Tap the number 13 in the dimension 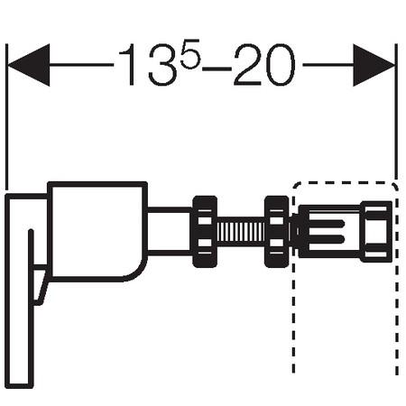(x=143, y=67)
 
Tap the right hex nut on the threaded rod (x=276, y=231)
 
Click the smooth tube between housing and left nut (x=169, y=231)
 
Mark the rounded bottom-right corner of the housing (x=135, y=271)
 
